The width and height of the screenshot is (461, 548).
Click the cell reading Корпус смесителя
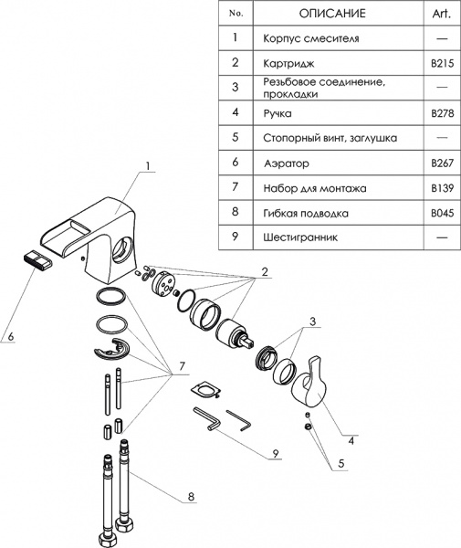309,38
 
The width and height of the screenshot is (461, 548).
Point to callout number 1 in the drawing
146,168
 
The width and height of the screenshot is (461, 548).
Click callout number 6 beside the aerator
11,337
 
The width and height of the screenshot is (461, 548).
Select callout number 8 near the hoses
191,497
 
